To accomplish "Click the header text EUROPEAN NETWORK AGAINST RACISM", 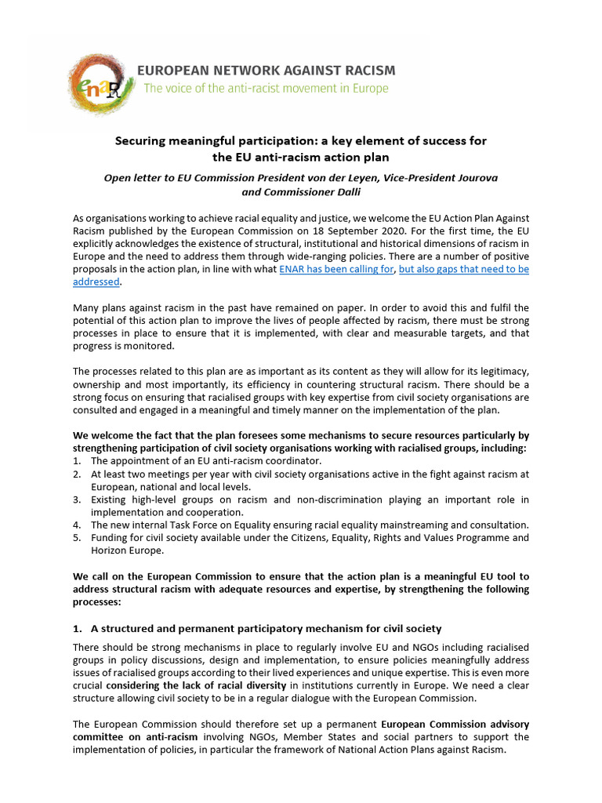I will (267, 71).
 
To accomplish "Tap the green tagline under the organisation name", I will (266, 89).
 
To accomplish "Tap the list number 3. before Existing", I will (77, 500).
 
